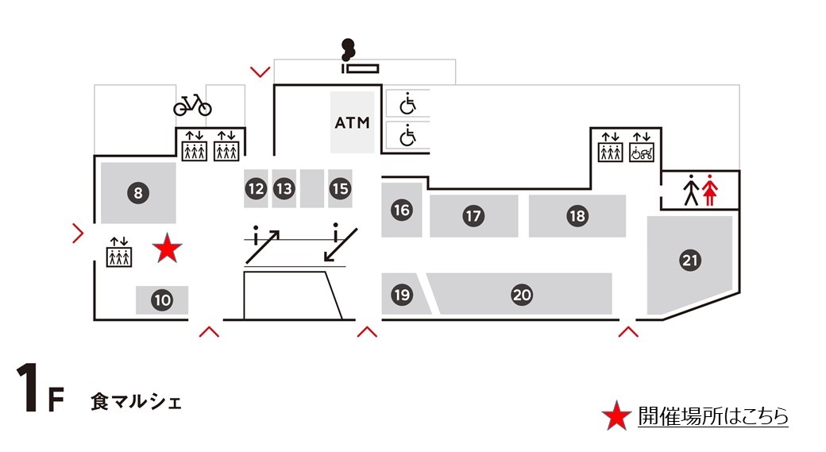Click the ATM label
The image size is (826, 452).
(352, 123)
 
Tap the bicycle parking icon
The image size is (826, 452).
(192, 105)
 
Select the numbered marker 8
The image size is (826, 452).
(138, 192)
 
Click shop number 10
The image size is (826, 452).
(162, 300)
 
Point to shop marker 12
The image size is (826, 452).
(255, 189)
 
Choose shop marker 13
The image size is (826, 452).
(284, 189)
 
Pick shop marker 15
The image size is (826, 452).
(340, 189)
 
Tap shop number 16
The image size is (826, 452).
(402, 210)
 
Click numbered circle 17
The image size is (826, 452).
(473, 215)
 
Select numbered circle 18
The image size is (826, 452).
(577, 215)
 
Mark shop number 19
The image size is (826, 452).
(402, 295)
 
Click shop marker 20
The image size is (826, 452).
(521, 295)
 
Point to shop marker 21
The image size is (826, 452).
(689, 260)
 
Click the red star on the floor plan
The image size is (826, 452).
(167, 249)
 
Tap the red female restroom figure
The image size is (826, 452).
(709, 191)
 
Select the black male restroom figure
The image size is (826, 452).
(691, 191)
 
